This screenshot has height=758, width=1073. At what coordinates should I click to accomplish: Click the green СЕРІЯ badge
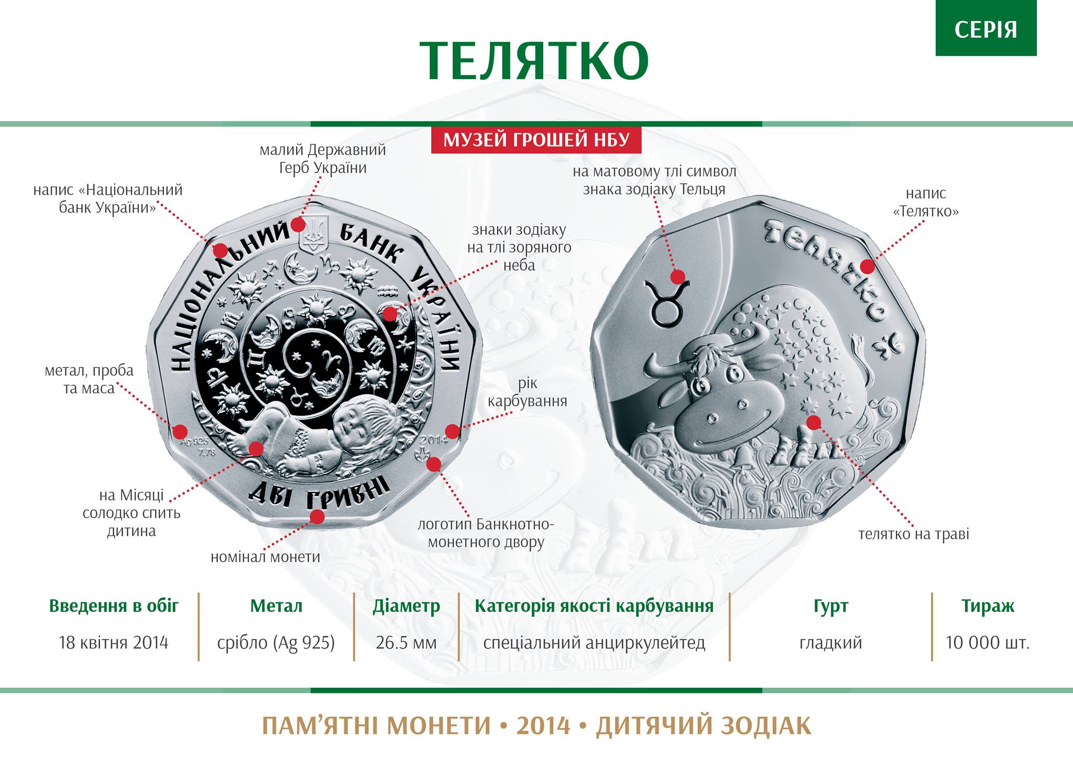pos(986,28)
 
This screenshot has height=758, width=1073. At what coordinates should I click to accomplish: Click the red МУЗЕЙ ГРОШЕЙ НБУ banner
pos(536,140)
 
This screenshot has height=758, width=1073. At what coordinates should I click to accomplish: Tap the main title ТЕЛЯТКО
pos(534,61)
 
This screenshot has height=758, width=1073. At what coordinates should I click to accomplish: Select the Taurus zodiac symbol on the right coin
pos(666,302)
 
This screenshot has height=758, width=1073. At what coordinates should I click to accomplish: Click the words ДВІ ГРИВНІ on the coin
pos(319,492)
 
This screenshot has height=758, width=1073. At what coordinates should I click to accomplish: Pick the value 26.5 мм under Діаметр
pos(406,642)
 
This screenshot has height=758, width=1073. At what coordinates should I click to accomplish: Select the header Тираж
pos(988,606)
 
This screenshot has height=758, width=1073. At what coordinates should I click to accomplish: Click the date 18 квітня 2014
pos(114,642)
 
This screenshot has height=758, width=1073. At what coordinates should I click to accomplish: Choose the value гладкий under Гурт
pos(830,642)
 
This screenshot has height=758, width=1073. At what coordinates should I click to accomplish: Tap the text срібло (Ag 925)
pos(276,643)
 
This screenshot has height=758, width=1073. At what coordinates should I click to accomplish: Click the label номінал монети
pos(265,557)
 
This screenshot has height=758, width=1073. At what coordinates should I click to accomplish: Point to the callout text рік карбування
pos(527,392)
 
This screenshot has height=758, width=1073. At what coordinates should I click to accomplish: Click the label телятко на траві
pos(914,534)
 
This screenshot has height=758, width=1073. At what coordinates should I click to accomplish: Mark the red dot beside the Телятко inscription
pos(867,267)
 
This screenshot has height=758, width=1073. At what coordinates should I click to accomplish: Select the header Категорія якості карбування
pos(594,606)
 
